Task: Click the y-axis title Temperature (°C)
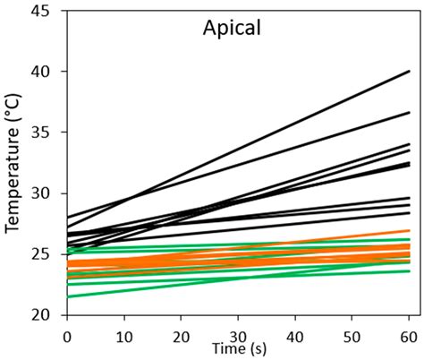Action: pos(13,165)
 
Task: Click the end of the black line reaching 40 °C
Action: pos(410,72)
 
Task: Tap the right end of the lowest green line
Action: pos(410,271)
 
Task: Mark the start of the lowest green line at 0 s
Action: pos(67,296)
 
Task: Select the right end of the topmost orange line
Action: pos(410,231)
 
